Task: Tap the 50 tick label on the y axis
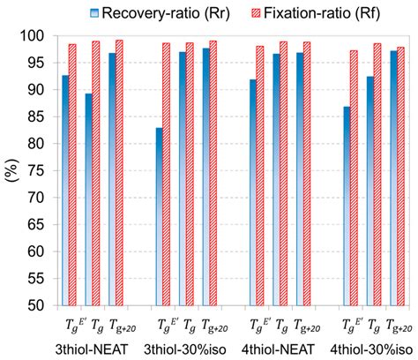[34, 305]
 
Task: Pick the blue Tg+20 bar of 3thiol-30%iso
[205, 176]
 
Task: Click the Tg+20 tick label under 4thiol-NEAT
[305, 325]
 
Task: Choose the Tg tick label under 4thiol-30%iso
[373, 325]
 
